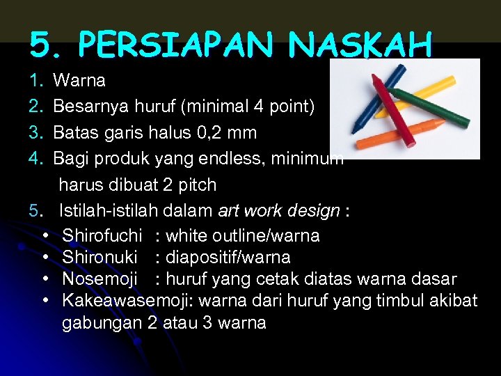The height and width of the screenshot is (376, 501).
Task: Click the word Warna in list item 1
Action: pos(79,81)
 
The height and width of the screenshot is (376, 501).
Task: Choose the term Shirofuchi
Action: pos(102,236)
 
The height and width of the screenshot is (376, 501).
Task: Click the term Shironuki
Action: pos(100,258)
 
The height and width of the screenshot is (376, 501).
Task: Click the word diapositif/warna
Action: pos(228,258)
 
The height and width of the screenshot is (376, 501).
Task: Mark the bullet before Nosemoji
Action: pos(45,279)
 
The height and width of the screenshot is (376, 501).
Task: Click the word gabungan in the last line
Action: pos(102,323)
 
